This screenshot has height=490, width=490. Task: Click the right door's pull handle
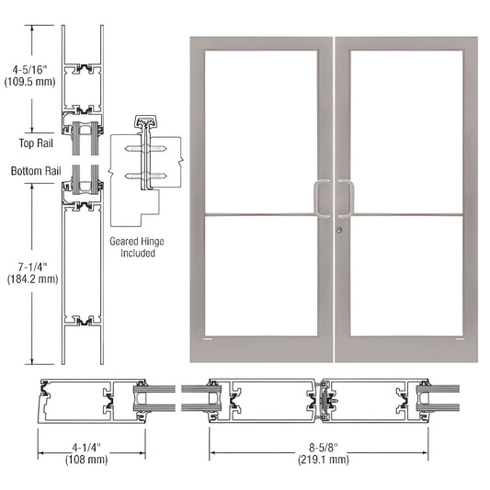(x=348, y=199)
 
